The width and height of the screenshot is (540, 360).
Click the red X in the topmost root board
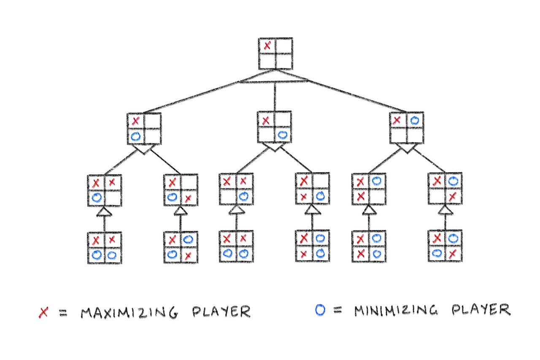[267, 46]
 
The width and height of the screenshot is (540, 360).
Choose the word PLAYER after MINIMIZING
[481, 310]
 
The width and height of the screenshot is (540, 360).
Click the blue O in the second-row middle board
[283, 135]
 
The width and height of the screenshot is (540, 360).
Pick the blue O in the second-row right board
[415, 121]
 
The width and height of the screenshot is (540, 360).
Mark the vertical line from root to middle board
[275, 97]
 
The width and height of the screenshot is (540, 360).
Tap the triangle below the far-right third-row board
[445, 210]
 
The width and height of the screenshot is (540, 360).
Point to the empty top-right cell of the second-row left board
[152, 121]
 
